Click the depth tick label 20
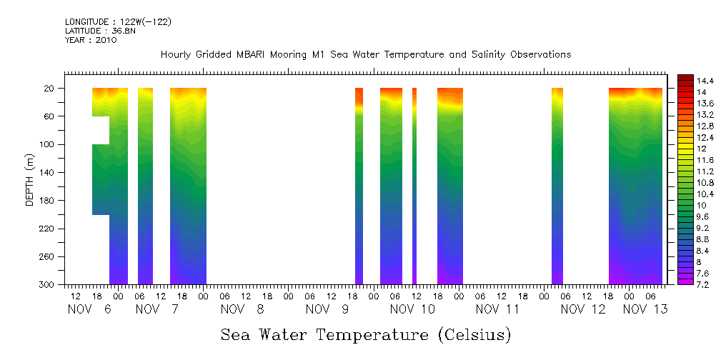(50, 89)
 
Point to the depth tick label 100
(48, 144)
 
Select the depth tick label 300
(48, 285)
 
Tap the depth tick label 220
(48, 229)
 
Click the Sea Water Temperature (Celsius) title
(366, 334)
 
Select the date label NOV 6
(89, 309)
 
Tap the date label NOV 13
(645, 309)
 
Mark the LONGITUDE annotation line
(118, 22)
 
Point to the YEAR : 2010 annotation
(91, 40)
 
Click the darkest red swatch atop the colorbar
(685, 77)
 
